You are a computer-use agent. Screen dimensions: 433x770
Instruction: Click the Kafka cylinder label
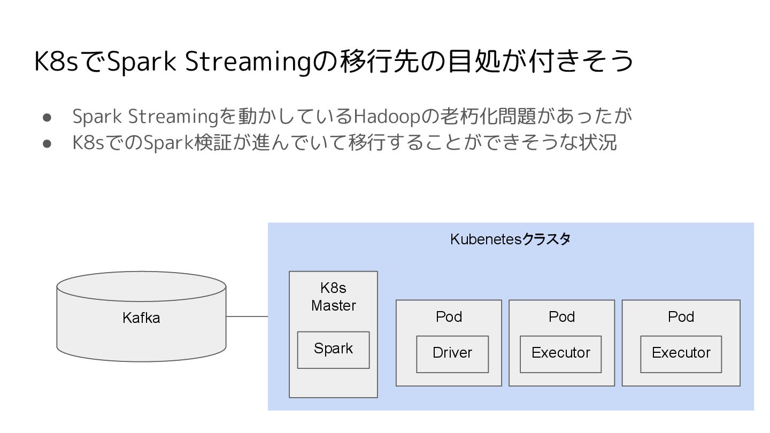tap(141, 318)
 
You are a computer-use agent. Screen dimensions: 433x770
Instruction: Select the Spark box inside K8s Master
tap(333, 349)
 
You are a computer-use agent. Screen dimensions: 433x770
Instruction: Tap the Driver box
tap(452, 353)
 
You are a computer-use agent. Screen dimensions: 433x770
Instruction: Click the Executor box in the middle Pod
tap(560, 353)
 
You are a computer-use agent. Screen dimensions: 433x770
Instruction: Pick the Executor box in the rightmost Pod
tap(681, 353)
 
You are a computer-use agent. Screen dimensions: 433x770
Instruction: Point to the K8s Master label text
tap(333, 297)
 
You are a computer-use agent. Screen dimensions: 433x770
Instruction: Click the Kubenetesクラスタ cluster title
tap(510, 239)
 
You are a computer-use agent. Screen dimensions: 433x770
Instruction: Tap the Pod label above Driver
tap(449, 316)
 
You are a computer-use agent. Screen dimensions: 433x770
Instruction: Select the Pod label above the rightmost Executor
tap(681, 316)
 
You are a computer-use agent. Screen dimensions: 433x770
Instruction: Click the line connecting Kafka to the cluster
tap(247, 316)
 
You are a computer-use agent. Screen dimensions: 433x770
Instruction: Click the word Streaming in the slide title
tap(248, 62)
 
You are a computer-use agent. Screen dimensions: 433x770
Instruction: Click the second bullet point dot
tap(47, 143)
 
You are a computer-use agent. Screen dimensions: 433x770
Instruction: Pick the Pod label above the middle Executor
tap(561, 316)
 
